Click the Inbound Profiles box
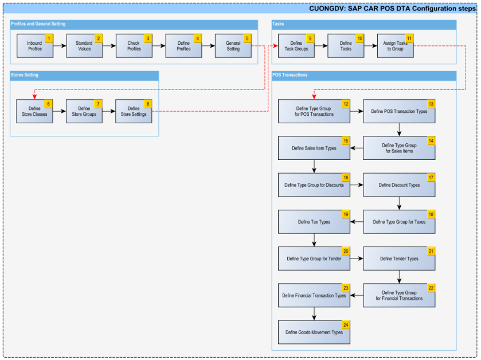coord(34,46)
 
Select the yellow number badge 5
coord(247,38)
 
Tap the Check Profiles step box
coord(134,46)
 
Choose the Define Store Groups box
coord(84,111)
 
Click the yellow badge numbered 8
coord(148,104)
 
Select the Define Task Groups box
coord(296,46)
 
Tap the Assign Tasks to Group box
coord(394,46)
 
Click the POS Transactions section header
coord(290,75)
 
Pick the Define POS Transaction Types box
coord(399,111)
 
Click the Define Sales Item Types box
coord(314,148)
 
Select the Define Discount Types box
coord(399,185)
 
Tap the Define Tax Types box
coord(314,222)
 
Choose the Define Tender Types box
coord(399,259)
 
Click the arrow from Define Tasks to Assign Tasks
coord(370,46)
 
